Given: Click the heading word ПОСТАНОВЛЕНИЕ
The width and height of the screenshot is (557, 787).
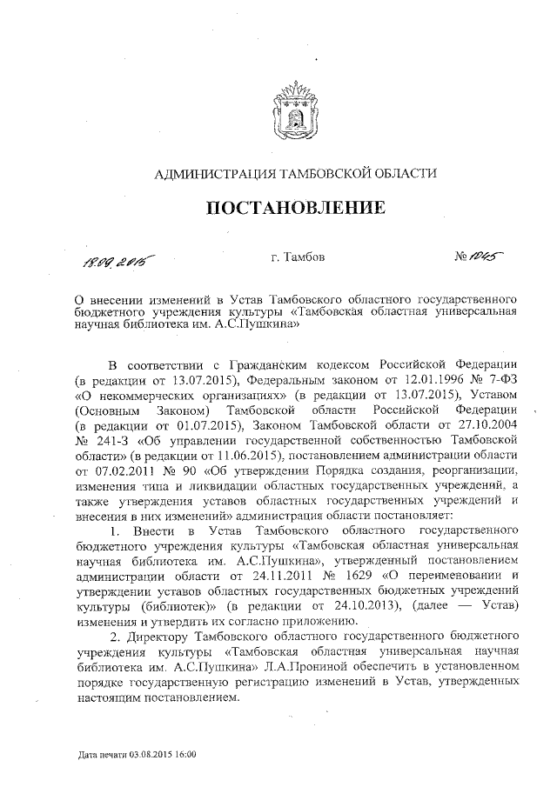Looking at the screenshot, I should tap(294, 209).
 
